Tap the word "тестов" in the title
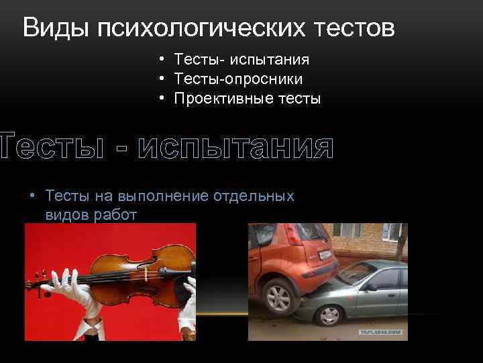(352, 28)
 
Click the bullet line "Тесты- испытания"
(241, 60)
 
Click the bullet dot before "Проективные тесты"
(162, 99)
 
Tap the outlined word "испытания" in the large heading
(235, 147)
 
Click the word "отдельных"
(254, 196)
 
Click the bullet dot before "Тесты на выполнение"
(32, 196)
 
